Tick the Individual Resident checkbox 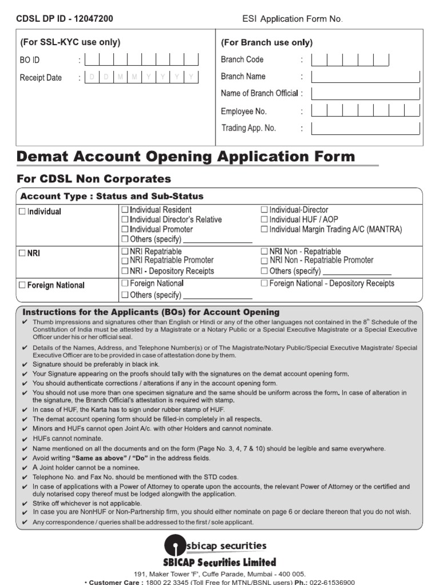(125, 210)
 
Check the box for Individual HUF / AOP (264, 220)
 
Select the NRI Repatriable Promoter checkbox (125, 261)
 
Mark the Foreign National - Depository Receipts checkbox (264, 283)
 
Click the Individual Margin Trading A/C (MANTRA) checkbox (264, 230)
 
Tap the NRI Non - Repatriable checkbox (264, 251)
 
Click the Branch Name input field (366, 77)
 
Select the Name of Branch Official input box (366, 94)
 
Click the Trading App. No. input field (366, 129)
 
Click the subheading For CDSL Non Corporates (94, 179)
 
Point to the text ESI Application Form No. (292, 19)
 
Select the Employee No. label (244, 111)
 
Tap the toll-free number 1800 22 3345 (166, 582)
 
